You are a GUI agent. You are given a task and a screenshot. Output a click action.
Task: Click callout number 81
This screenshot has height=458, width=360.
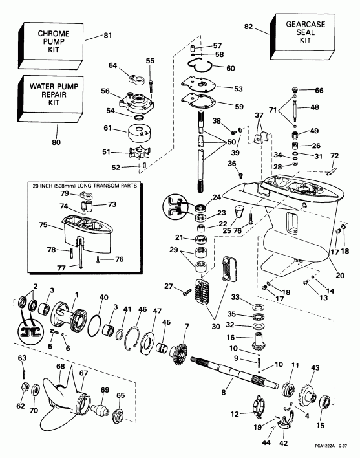(x=107, y=34)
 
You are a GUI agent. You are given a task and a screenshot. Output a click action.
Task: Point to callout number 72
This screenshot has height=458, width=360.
(x=334, y=156)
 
